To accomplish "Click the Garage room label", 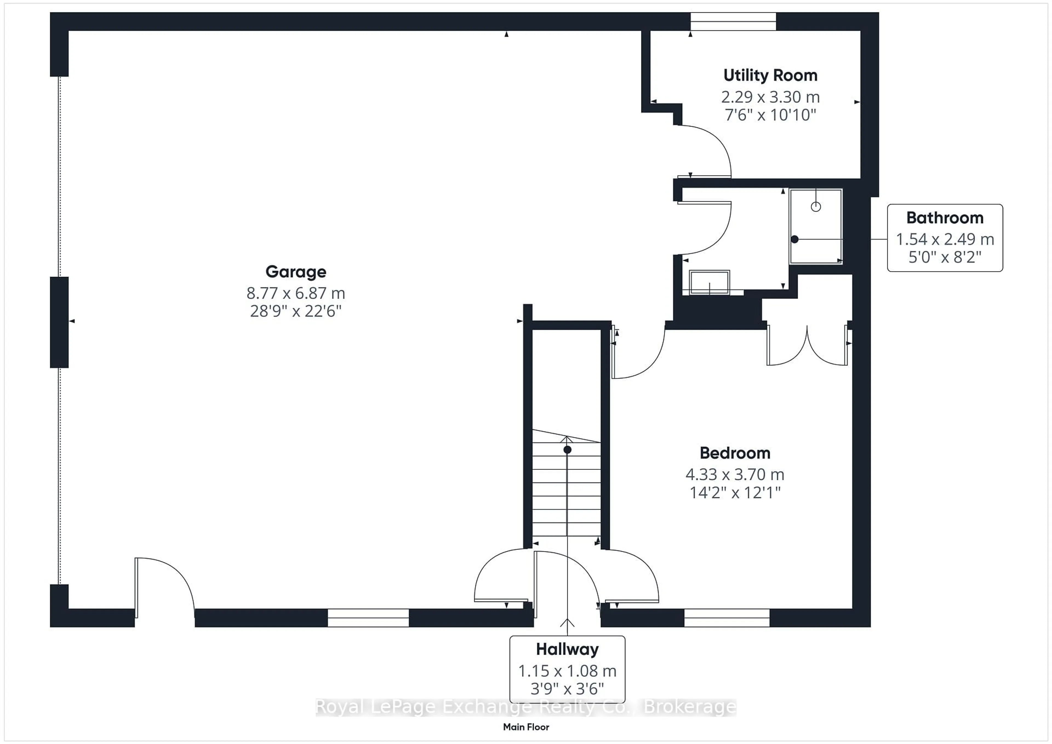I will point(296,272).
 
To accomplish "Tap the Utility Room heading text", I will point(770,75).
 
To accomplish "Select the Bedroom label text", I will point(735,453).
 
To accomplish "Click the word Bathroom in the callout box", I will point(945,218).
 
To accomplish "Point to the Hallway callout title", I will point(567,649).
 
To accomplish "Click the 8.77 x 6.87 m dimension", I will point(296,293).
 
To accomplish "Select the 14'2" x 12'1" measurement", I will point(735,493).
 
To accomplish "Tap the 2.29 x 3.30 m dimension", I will point(770,97).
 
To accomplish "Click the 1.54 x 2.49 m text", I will point(945,239).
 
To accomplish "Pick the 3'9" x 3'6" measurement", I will point(567,689).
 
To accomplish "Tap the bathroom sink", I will point(709,282).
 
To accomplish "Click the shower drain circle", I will point(816,207).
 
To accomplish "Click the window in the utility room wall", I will point(733,22).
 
